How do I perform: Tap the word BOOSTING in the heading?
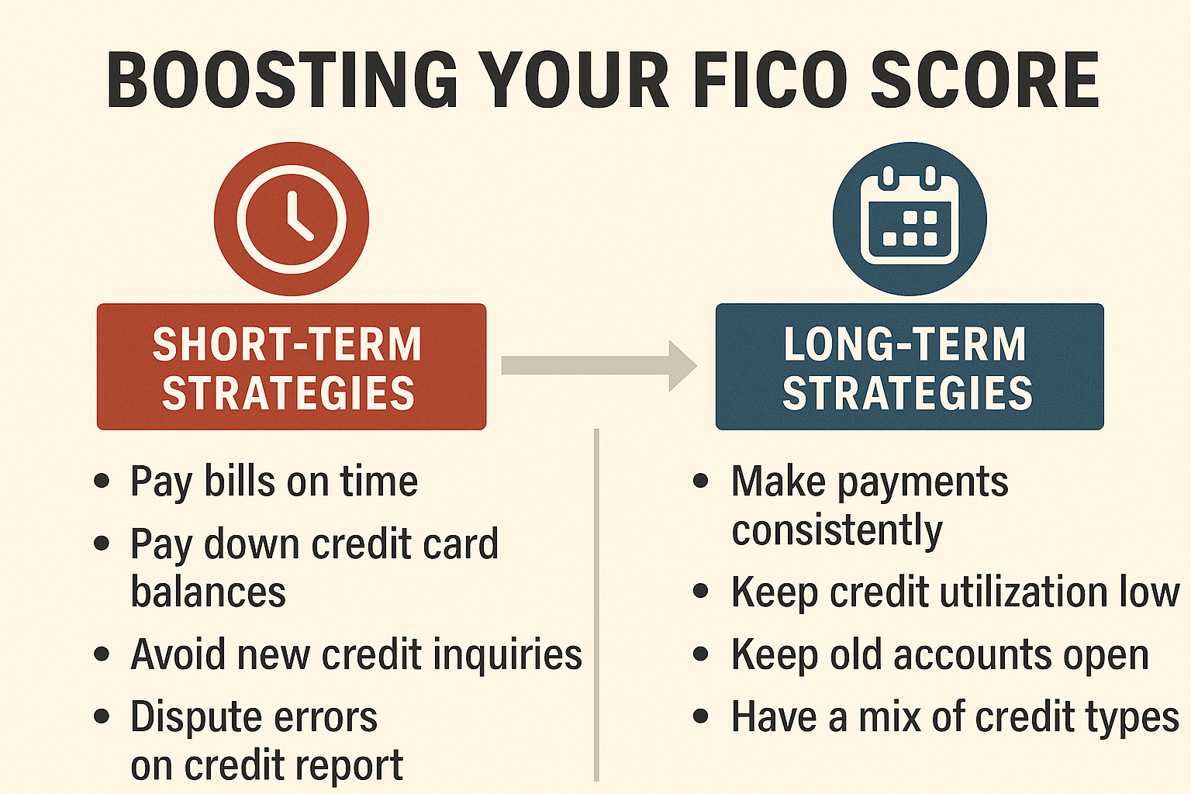click(x=282, y=80)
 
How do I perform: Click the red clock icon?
click(x=292, y=219)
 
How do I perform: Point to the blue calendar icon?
click(x=910, y=219)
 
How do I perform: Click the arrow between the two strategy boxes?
click(x=599, y=366)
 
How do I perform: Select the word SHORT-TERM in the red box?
click(x=287, y=344)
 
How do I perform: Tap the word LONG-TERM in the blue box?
click(x=905, y=344)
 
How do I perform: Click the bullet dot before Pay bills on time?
click(x=102, y=482)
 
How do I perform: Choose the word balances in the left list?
click(x=209, y=592)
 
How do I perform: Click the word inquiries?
click(x=508, y=654)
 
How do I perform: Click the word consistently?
click(x=837, y=530)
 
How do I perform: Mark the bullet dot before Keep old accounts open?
click(x=701, y=654)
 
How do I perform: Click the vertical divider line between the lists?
click(x=596, y=606)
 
